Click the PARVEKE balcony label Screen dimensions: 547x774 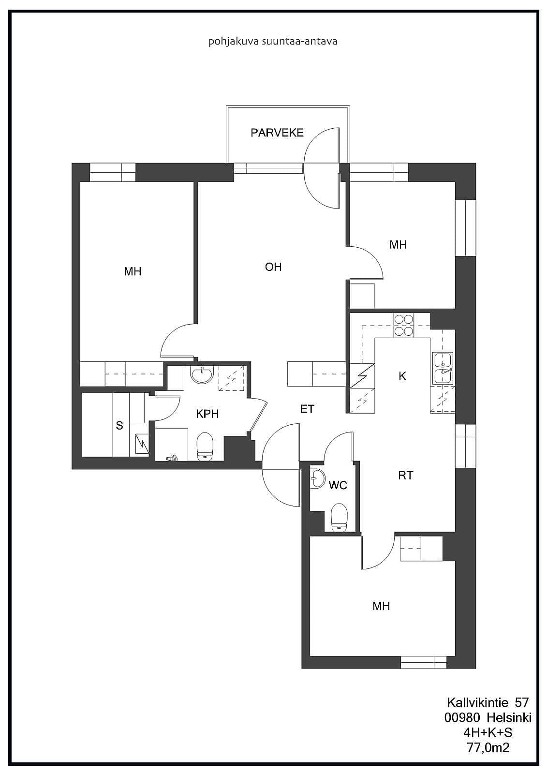[277, 133]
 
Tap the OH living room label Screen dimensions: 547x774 [273, 267]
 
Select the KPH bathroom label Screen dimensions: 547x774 [207, 414]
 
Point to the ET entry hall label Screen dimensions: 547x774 [307, 409]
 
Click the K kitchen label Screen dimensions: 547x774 [402, 376]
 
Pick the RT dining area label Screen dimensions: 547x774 [405, 476]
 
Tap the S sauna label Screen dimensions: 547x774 [119, 425]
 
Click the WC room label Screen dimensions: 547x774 [338, 485]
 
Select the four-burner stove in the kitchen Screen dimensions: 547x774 [403, 325]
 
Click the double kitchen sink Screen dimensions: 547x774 [443, 368]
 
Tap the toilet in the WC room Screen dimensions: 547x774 [339, 517]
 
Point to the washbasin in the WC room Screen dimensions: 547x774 [318, 478]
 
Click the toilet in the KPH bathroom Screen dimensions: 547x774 [205, 447]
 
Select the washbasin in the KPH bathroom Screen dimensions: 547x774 [202, 374]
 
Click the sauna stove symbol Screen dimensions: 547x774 [142, 445]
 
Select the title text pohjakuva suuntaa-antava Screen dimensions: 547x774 [273, 42]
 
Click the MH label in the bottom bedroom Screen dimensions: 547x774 [381, 606]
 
